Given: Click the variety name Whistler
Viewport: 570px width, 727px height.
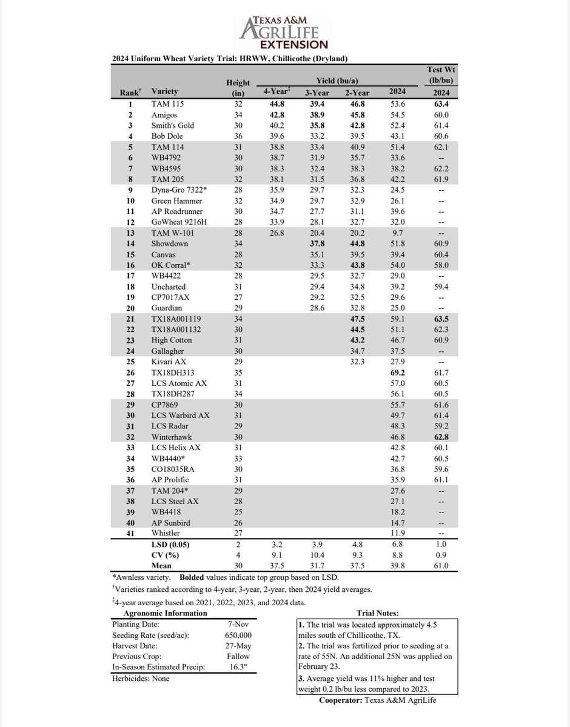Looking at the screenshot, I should [166, 533].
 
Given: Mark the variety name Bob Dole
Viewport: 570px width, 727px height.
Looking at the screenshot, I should [167, 137].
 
